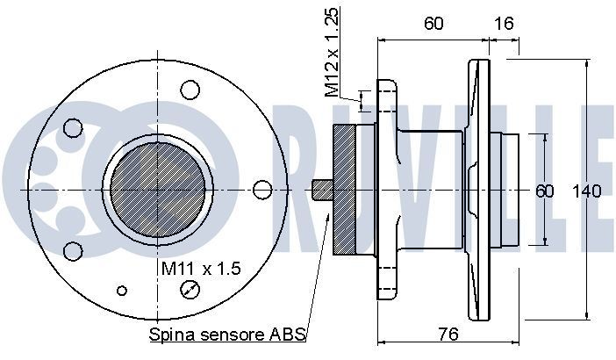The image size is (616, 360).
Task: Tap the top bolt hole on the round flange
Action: click(190, 89)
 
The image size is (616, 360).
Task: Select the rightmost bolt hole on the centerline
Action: click(261, 190)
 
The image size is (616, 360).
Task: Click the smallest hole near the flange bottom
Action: click(122, 291)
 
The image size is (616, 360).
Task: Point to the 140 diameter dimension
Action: click(585, 191)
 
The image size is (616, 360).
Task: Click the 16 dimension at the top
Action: click(503, 25)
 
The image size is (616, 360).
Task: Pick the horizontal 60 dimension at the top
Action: click(433, 25)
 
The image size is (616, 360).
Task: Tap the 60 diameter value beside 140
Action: click(545, 191)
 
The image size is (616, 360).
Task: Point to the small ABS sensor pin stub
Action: click(321, 190)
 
